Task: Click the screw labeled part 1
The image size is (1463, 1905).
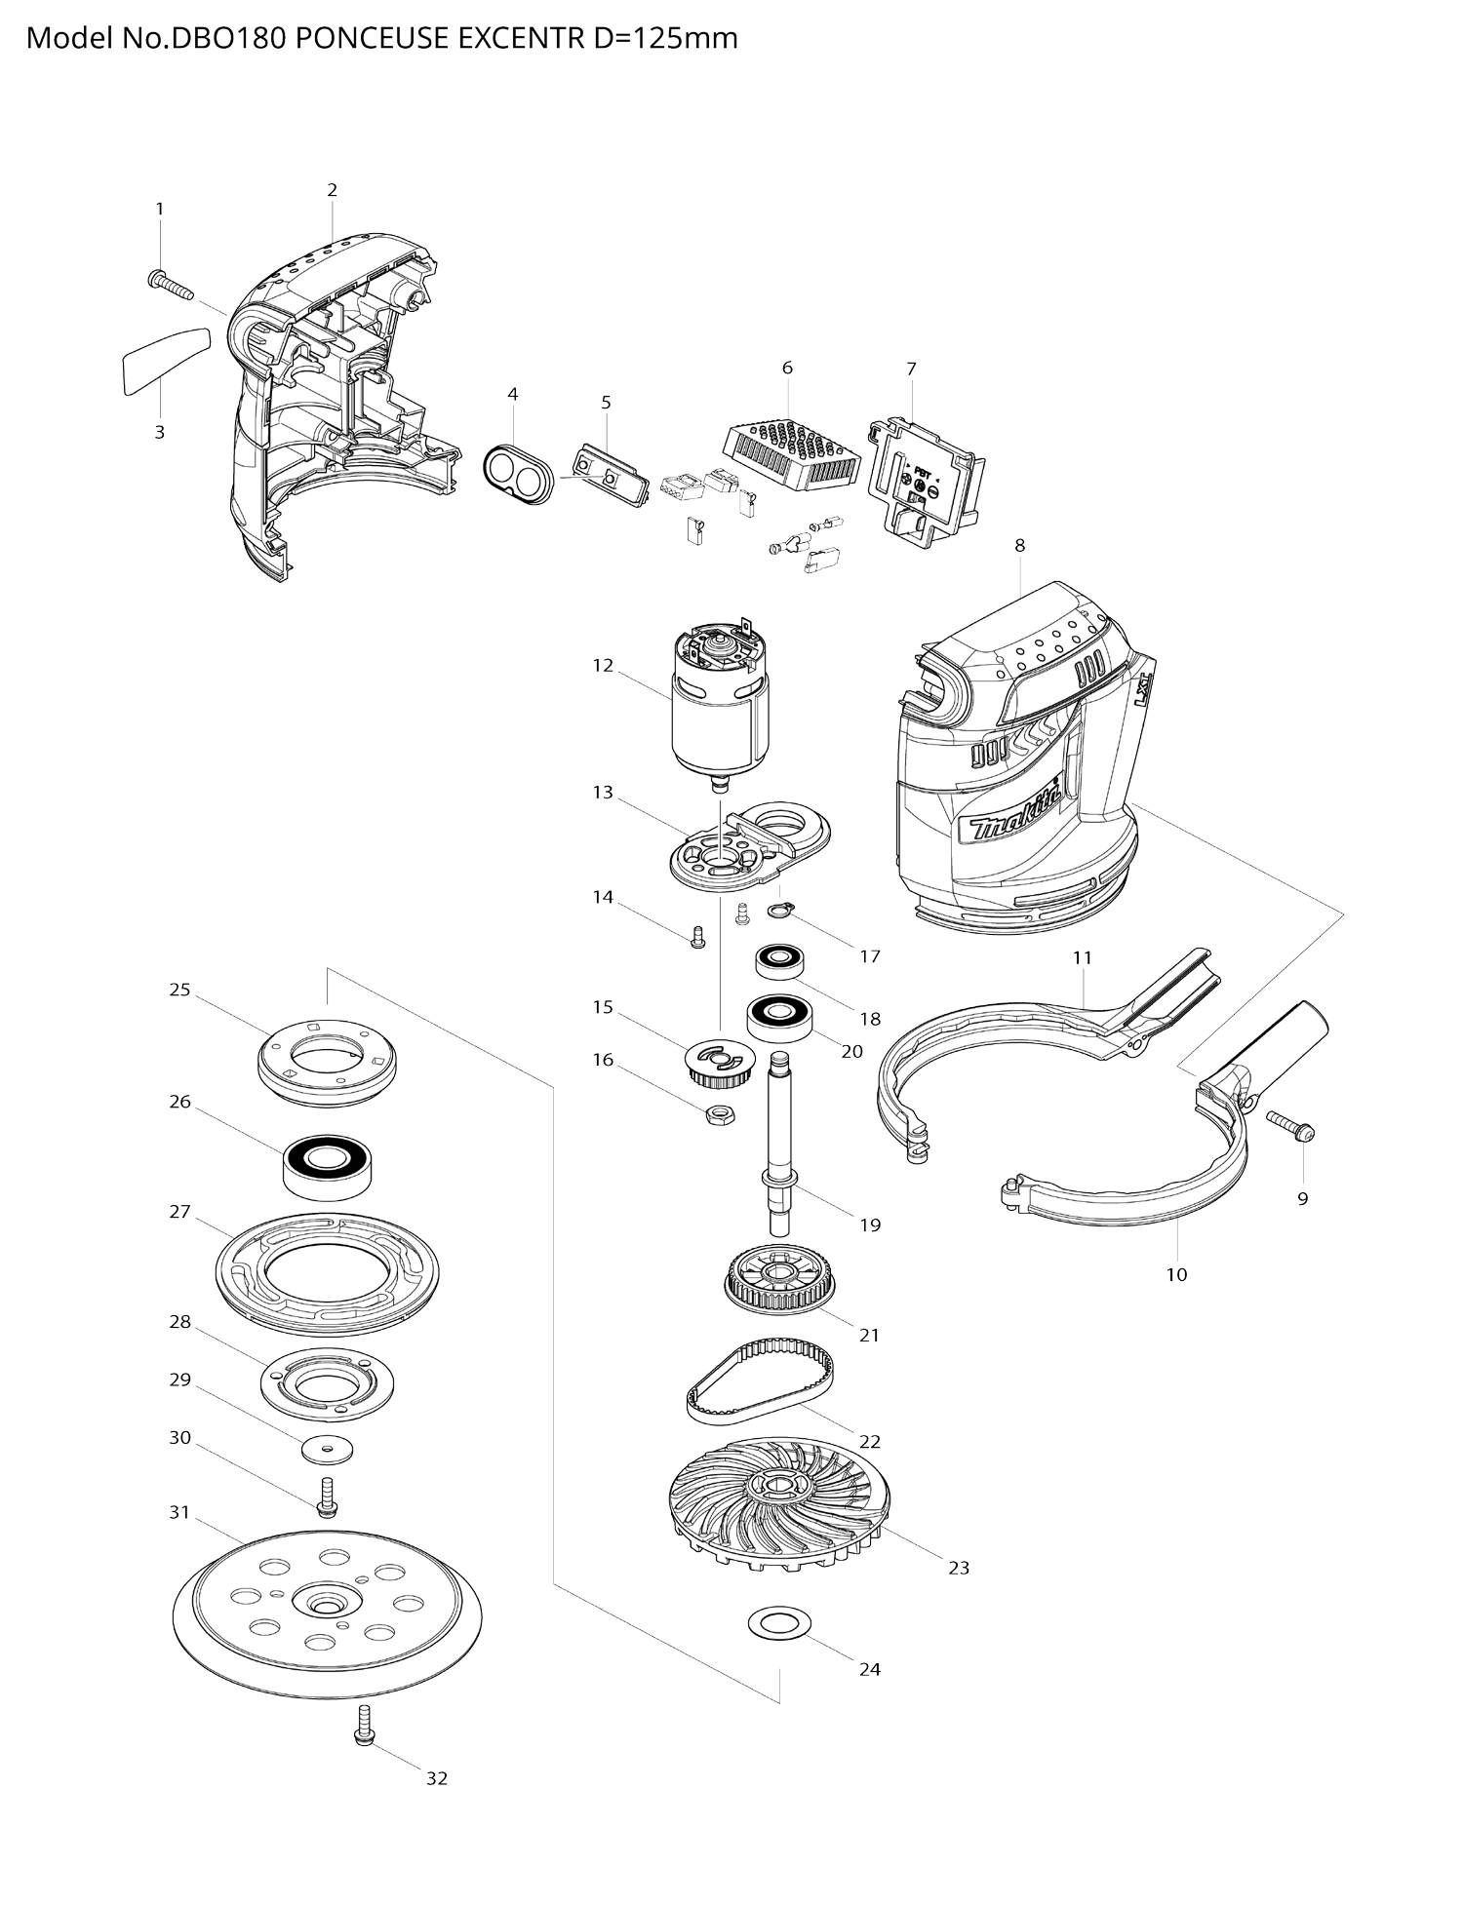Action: click(169, 285)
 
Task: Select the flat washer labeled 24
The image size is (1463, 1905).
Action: click(773, 1624)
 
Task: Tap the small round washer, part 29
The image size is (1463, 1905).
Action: click(327, 1450)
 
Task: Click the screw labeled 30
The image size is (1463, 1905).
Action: click(327, 1496)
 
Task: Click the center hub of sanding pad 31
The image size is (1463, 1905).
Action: click(323, 1603)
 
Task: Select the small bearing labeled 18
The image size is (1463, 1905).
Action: click(779, 962)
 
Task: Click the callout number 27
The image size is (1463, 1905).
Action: click(179, 1212)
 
